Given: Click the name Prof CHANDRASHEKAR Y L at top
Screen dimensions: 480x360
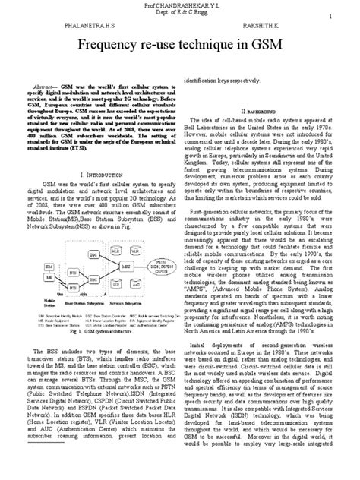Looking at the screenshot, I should (179, 5).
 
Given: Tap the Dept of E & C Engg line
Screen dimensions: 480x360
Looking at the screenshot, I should (179, 13).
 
